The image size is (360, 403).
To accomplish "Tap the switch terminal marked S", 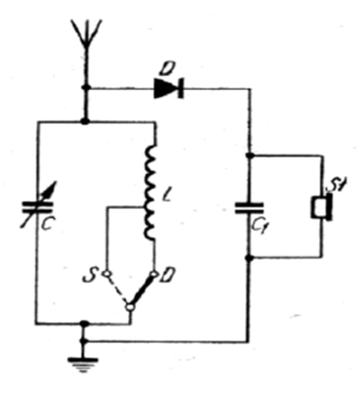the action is pos(105,275).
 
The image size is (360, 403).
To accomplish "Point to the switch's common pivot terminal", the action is pos(130,307).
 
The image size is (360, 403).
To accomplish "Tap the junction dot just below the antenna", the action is pos(86,88).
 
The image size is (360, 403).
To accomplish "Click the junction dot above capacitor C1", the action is pos(249,155).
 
